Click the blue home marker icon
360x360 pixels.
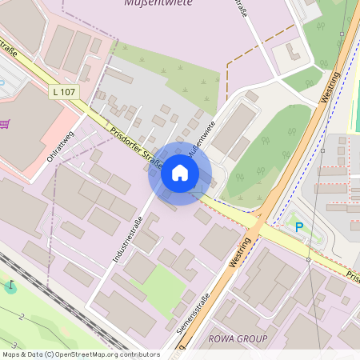(x=180, y=173)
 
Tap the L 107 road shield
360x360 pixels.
(x=64, y=93)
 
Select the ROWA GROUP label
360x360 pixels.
(x=238, y=339)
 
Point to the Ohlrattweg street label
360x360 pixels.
(x=61, y=146)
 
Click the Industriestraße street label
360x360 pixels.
(x=127, y=239)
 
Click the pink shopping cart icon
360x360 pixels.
(x=4, y=124)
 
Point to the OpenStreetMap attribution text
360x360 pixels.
(x=80, y=354)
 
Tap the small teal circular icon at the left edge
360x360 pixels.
(x=10, y=286)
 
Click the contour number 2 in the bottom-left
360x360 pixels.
(x=22, y=317)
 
